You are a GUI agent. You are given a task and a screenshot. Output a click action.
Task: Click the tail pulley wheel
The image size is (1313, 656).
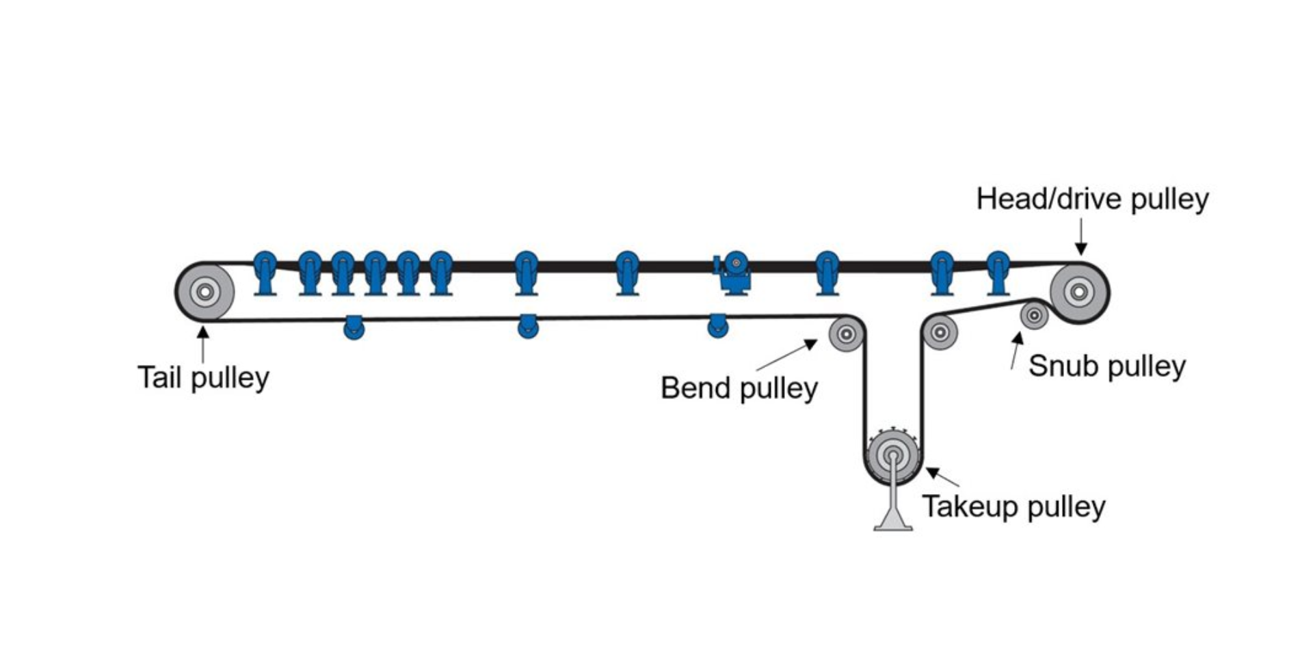tap(204, 292)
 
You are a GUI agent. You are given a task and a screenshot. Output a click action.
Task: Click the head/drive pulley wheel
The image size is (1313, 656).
tap(1079, 292)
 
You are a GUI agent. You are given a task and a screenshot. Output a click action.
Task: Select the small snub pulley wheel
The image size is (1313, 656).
tap(1034, 316)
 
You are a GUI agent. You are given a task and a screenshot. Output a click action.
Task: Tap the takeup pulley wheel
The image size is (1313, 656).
tap(892, 454)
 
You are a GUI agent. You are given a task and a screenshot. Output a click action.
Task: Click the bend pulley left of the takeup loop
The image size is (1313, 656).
tap(846, 334)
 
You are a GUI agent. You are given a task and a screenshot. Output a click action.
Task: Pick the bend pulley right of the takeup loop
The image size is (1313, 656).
tap(940, 333)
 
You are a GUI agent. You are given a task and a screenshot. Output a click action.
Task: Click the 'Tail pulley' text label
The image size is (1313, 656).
tap(203, 378)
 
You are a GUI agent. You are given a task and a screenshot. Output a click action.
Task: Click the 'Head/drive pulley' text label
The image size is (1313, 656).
tap(1092, 199)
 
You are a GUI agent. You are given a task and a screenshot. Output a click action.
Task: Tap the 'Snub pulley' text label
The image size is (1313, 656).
tap(1106, 366)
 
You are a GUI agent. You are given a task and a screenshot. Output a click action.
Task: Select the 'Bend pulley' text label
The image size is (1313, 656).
tap(739, 389)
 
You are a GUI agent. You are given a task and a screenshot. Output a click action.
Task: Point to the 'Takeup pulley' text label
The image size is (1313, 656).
tap(1013, 507)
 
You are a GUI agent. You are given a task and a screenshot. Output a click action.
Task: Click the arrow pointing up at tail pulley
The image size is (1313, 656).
tap(202, 344)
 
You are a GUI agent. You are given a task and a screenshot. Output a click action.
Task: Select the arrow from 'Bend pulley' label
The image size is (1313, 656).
tap(786, 355)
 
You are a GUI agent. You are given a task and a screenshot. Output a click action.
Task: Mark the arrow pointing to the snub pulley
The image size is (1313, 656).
tap(1016, 350)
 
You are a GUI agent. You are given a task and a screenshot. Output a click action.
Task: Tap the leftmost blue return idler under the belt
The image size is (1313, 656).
tap(354, 327)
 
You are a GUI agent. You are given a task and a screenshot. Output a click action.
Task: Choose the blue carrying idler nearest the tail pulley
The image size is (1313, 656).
tap(265, 273)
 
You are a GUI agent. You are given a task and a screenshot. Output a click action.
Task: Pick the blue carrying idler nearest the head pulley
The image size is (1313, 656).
tap(998, 273)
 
